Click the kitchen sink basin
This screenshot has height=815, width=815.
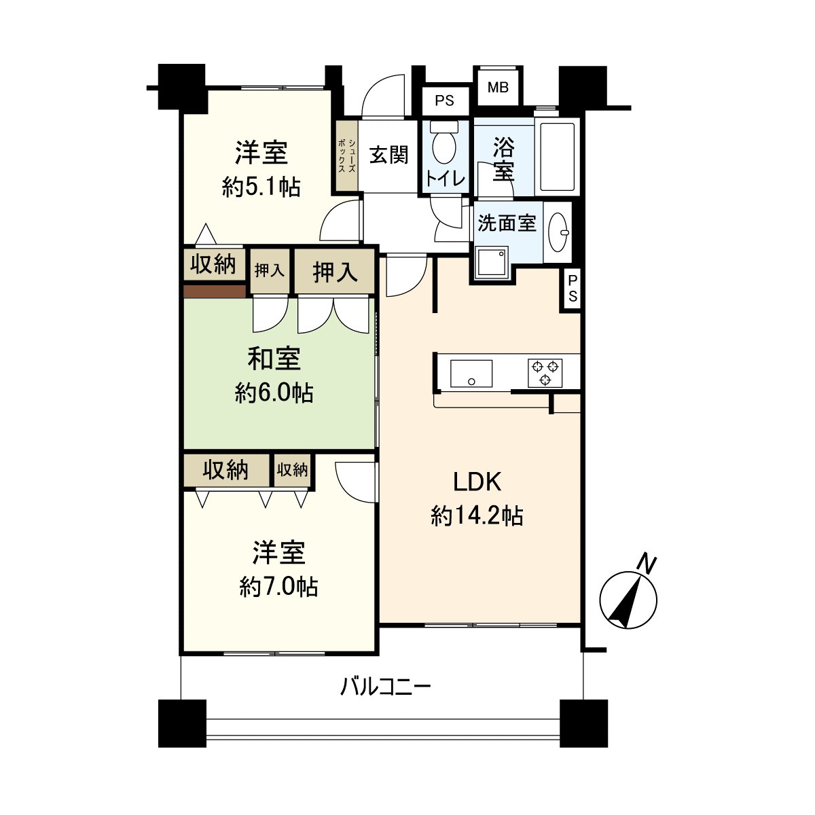tap(471, 374)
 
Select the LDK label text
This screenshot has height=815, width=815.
tap(477, 482)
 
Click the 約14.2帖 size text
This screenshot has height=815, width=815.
tap(477, 517)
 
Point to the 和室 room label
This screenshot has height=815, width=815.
tap(274, 359)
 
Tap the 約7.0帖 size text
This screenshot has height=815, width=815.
tap(278, 586)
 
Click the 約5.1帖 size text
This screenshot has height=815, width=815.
tap(261, 187)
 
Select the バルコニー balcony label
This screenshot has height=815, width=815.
tap(385, 688)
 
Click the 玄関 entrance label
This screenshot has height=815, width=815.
tap(389, 155)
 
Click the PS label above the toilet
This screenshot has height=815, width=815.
tap(444, 101)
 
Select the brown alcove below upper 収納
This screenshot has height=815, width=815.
tap(215, 291)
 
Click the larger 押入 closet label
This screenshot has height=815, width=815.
tap(335, 272)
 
